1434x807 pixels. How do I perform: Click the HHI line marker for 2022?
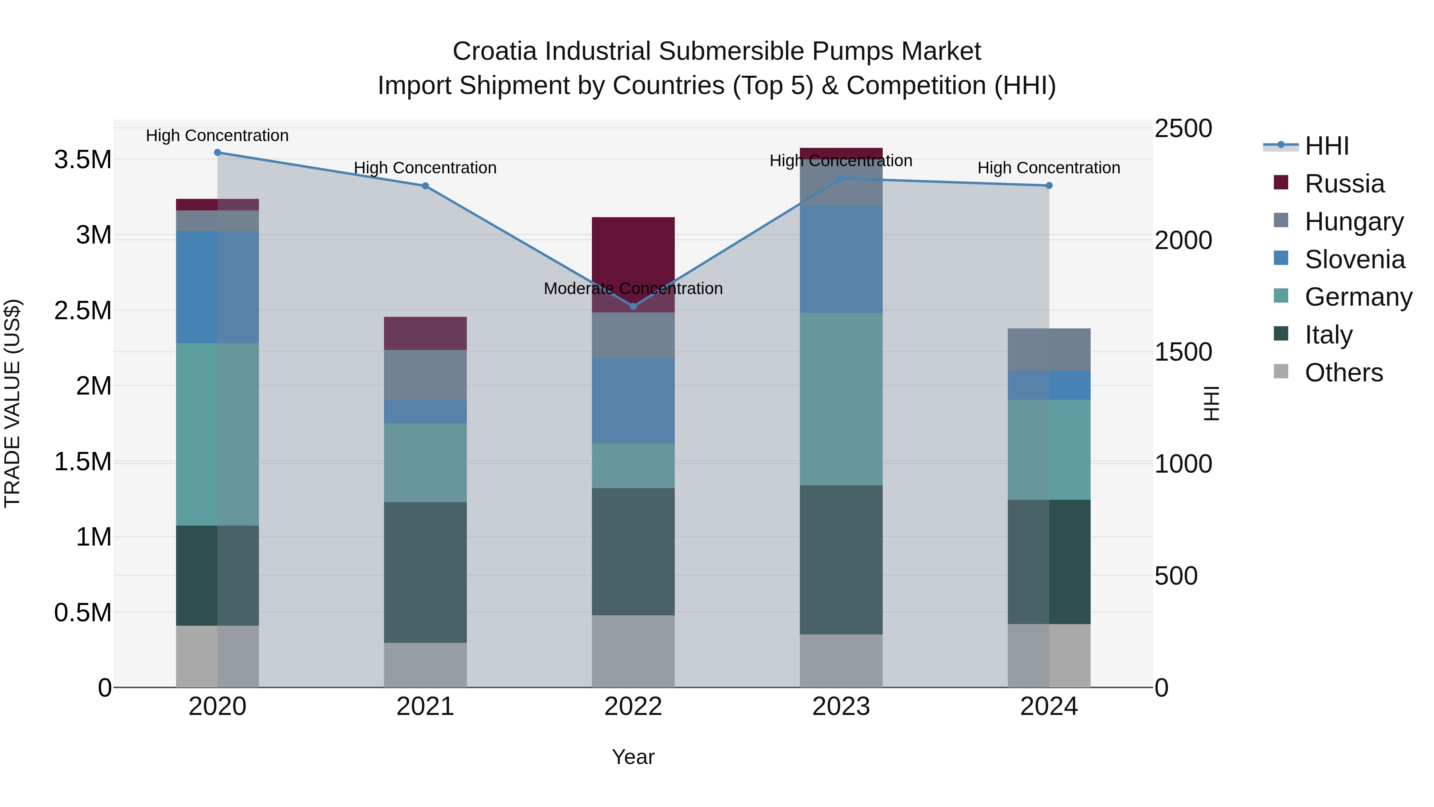(x=633, y=306)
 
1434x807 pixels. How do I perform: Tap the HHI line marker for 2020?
(x=217, y=153)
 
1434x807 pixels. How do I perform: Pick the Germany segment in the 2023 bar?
(x=841, y=399)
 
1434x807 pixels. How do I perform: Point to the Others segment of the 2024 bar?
(x=1049, y=656)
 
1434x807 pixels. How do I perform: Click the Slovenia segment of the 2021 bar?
(x=425, y=412)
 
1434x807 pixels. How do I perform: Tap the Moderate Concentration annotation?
(x=633, y=289)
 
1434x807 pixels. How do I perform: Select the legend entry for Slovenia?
(x=1354, y=259)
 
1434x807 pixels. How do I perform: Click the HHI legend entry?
(x=1326, y=146)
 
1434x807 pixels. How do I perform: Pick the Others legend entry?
(x=1343, y=373)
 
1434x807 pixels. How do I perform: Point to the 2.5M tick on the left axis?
(x=83, y=310)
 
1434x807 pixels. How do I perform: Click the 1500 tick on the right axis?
(x=1183, y=352)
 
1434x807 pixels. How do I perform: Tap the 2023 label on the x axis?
(x=841, y=707)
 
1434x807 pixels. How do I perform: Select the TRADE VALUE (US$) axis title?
(x=12, y=403)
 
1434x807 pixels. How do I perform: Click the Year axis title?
(x=633, y=757)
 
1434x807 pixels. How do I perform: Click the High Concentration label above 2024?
(x=1049, y=168)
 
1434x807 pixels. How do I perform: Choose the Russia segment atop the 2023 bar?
(x=841, y=153)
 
